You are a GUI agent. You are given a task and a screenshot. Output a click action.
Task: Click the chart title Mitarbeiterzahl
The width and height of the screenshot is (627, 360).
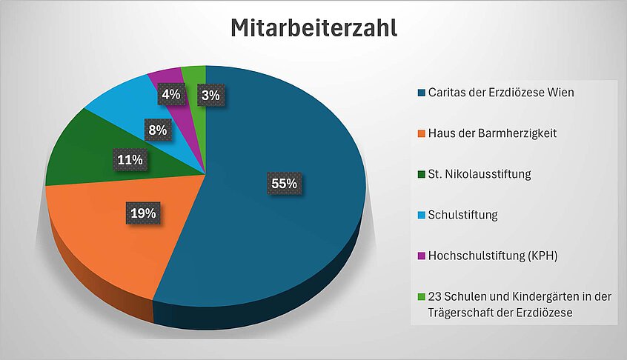[313, 29]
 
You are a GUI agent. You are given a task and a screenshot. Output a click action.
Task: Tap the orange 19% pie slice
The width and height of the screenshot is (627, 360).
[104, 237]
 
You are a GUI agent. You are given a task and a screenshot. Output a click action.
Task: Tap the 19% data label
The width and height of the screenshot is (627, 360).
[143, 213]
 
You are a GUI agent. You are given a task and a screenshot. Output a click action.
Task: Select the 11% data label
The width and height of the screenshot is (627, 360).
[129, 159]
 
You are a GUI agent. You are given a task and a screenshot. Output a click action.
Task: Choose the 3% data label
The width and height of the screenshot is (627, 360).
[210, 95]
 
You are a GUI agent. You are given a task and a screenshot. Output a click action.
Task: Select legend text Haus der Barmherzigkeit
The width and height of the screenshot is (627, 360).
[492, 133]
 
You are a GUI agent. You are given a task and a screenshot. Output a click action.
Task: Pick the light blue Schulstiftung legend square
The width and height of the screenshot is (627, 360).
[421, 216]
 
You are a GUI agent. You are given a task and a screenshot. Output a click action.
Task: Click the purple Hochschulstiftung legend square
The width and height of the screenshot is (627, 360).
[421, 256]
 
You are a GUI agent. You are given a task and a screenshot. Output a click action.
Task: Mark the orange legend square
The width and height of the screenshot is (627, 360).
[421, 133]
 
